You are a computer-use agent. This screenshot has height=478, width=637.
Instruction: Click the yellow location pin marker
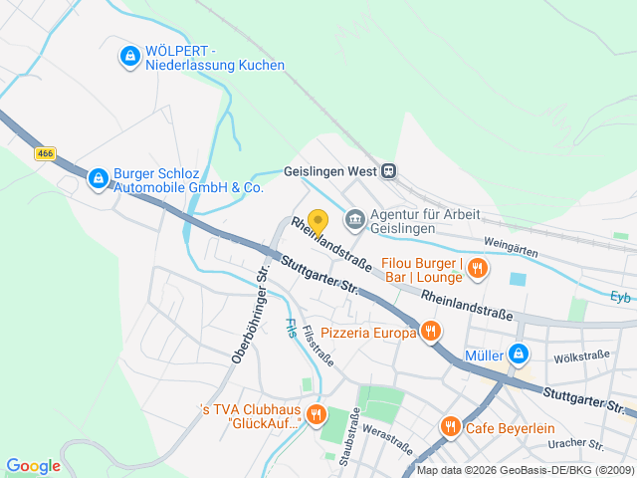tap(318, 221)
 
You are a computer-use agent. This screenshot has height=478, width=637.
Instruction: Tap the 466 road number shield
tap(45, 153)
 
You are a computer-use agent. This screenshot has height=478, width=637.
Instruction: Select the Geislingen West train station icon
tap(388, 170)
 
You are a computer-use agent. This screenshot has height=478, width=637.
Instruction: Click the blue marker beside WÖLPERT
tap(128, 57)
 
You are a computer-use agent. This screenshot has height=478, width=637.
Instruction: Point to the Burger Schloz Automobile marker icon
tap(98, 178)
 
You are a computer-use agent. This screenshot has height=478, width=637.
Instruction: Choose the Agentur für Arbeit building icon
tap(353, 218)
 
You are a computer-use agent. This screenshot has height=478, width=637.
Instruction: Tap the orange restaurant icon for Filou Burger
tap(478, 267)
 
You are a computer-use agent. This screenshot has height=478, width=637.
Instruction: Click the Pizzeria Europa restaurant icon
tap(430, 332)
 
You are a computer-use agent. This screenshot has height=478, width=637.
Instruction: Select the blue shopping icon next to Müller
tap(518, 354)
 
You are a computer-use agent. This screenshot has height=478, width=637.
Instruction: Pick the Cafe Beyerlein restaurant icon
tap(450, 426)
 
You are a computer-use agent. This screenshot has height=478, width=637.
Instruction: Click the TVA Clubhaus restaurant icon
tap(317, 413)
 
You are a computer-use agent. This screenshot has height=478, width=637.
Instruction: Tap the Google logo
tap(33, 466)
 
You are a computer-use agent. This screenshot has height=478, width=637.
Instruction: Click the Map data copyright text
tap(525, 470)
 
